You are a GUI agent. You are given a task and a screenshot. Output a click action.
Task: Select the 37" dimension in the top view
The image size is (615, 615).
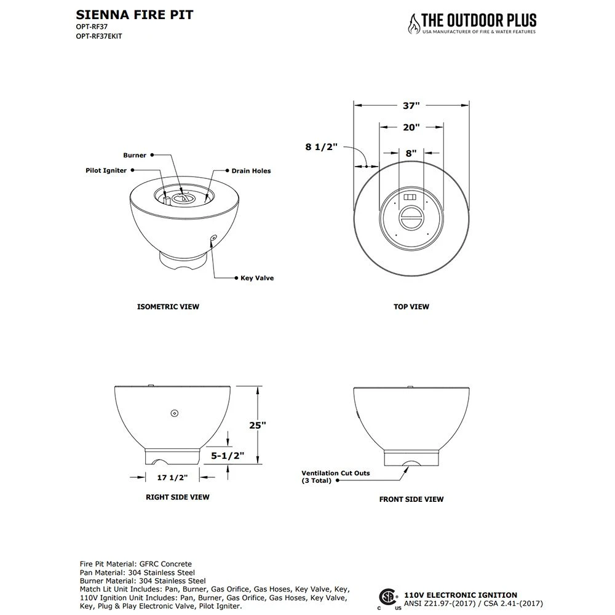(411, 106)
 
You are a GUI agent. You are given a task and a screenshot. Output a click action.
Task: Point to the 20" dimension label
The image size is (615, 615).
(411, 128)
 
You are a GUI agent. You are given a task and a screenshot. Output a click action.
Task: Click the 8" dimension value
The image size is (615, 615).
(411, 153)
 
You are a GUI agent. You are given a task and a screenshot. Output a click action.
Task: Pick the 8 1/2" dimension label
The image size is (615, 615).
(321, 147)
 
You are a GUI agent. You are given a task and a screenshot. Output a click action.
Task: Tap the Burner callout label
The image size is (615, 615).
(135, 156)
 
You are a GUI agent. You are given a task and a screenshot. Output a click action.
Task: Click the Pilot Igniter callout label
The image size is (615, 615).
(106, 170)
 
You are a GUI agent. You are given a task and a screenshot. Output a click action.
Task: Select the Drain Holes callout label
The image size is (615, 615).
(251, 171)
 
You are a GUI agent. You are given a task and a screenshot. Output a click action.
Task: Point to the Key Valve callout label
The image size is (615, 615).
(257, 278)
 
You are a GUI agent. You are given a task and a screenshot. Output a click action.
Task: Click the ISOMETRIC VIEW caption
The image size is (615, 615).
(168, 306)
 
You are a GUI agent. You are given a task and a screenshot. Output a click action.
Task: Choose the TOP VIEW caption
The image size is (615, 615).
(411, 306)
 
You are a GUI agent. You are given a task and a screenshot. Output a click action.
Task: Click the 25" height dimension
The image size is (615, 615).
(258, 424)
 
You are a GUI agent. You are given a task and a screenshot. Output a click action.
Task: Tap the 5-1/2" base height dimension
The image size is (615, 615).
(228, 456)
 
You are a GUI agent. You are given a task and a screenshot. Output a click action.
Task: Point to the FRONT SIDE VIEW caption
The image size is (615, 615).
(411, 499)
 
